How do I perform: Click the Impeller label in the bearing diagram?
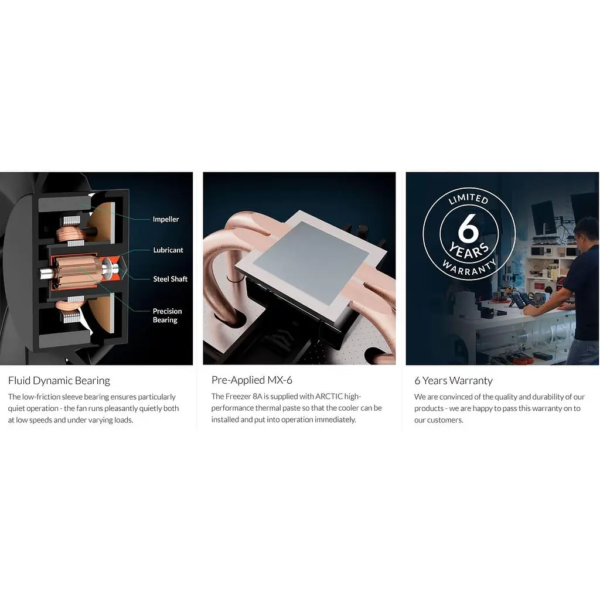166,219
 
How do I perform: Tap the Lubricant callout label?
168,250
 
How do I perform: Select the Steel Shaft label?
171,279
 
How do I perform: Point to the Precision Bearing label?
167,315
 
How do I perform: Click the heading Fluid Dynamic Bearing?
59,381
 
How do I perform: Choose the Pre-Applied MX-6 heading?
252,380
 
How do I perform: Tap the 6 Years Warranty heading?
454,381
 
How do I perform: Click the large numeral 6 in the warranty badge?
468,228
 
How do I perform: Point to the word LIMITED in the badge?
468,198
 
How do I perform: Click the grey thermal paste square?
311,262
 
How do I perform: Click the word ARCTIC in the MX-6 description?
329,397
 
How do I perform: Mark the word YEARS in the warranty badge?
469,250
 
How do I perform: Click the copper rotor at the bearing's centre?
78,271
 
